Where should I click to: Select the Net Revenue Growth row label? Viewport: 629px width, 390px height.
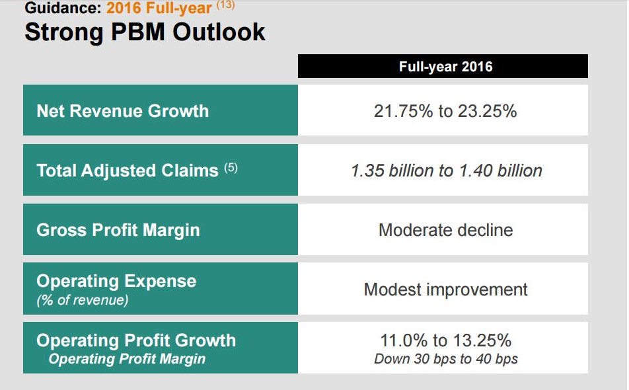pos(123,110)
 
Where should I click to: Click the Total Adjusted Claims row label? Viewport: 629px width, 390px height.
pos(127,171)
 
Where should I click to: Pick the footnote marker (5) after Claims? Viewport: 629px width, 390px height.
pos(230,168)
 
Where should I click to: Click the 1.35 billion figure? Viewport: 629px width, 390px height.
pos(394,171)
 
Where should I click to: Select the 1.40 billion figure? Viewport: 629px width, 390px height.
pos(501,171)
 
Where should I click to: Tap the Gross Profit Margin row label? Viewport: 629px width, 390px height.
pos(118,230)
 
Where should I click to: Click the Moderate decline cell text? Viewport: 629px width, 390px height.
pos(445,230)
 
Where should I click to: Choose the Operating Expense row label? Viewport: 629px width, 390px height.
pos(116,281)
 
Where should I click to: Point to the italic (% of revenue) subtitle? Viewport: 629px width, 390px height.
pos(83,300)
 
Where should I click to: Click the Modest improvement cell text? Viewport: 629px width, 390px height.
pos(445,290)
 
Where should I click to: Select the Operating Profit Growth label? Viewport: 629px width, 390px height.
pos(136,340)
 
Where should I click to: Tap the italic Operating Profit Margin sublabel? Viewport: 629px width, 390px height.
pos(127,359)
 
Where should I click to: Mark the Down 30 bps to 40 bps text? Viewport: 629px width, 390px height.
pos(445,360)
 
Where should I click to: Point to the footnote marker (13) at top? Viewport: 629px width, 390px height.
pos(225,6)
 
